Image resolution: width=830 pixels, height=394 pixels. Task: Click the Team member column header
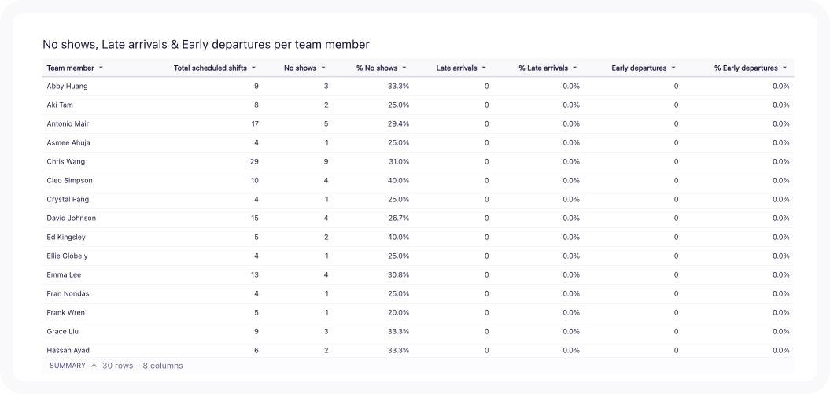click(70, 68)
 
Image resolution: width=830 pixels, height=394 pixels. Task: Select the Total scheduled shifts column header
click(210, 68)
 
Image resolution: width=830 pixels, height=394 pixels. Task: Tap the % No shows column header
click(377, 68)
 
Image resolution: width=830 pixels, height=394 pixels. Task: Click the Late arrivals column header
click(456, 68)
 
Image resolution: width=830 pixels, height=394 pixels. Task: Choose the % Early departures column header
click(746, 68)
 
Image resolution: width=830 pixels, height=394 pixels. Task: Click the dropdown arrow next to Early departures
click(673, 68)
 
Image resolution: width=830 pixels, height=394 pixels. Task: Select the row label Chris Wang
click(66, 161)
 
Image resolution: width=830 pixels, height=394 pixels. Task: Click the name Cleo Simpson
click(70, 180)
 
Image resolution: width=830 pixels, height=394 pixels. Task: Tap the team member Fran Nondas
click(68, 293)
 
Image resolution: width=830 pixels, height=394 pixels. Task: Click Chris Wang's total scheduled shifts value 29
click(253, 161)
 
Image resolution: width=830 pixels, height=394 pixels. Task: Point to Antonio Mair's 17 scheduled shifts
click(254, 123)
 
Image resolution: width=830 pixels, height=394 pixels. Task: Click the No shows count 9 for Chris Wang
click(326, 161)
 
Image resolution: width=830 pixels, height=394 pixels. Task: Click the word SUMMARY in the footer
click(67, 366)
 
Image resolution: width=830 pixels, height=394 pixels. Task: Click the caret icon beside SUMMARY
click(94, 366)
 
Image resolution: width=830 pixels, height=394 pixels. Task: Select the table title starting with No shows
click(206, 45)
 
